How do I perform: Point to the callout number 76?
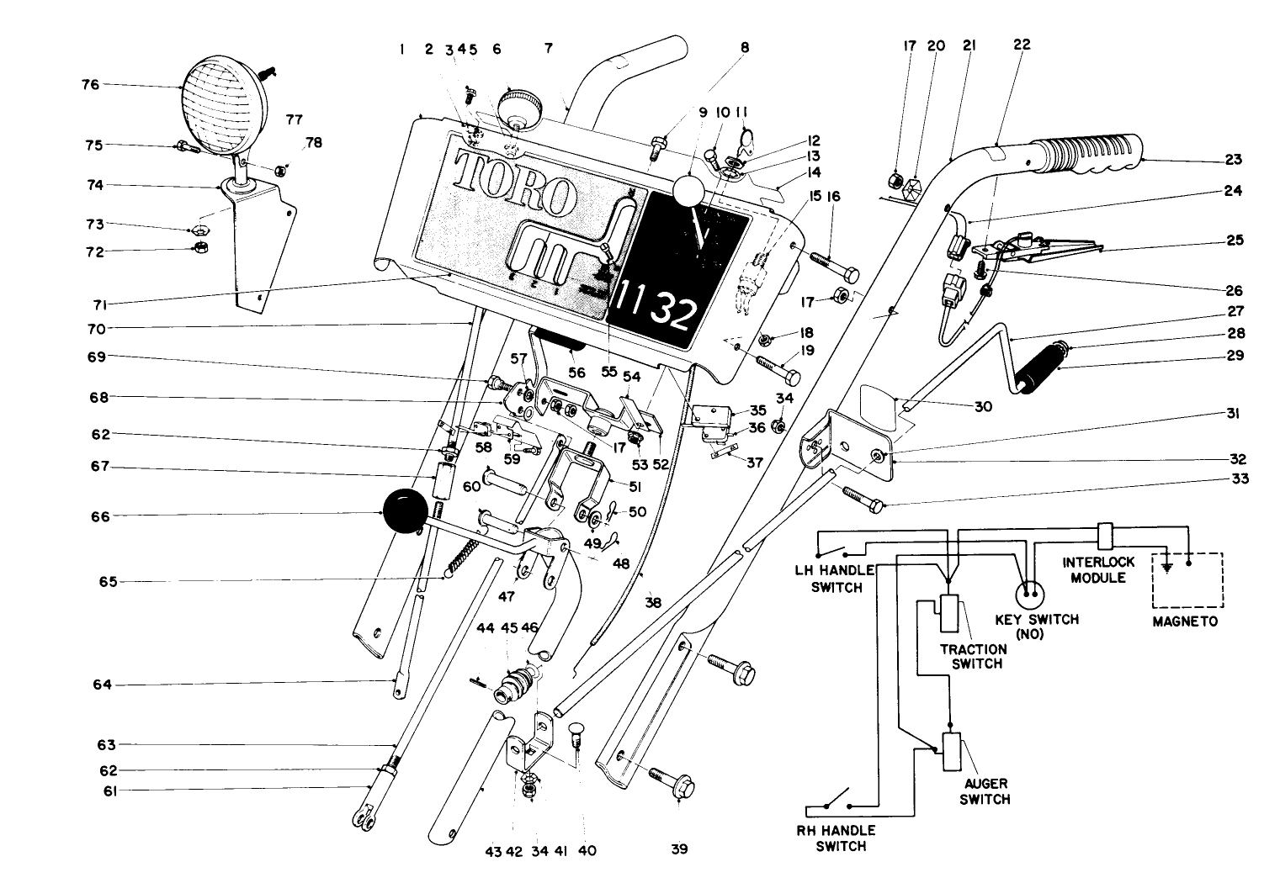[90, 84]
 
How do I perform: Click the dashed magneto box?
[1187, 580]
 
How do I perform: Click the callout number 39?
[679, 849]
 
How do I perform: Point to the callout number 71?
[107, 304]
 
